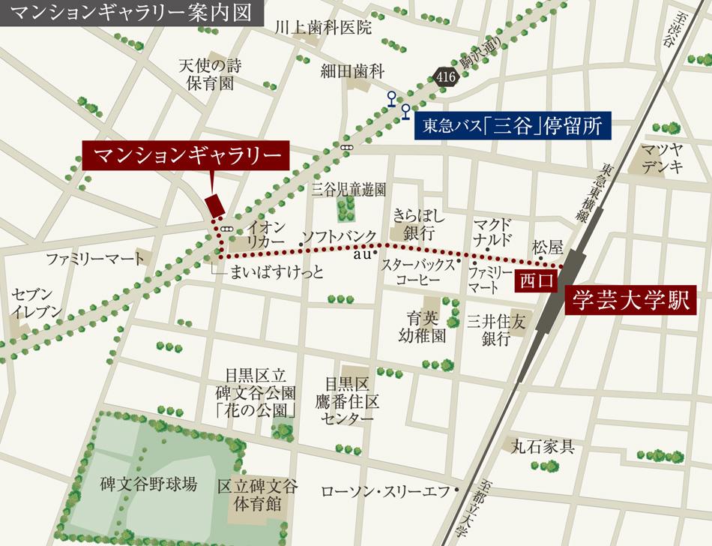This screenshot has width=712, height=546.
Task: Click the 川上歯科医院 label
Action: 322,28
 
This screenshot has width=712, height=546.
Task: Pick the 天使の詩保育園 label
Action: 206,73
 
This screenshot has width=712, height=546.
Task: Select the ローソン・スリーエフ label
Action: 384,492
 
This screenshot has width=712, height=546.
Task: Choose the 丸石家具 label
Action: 542,448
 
